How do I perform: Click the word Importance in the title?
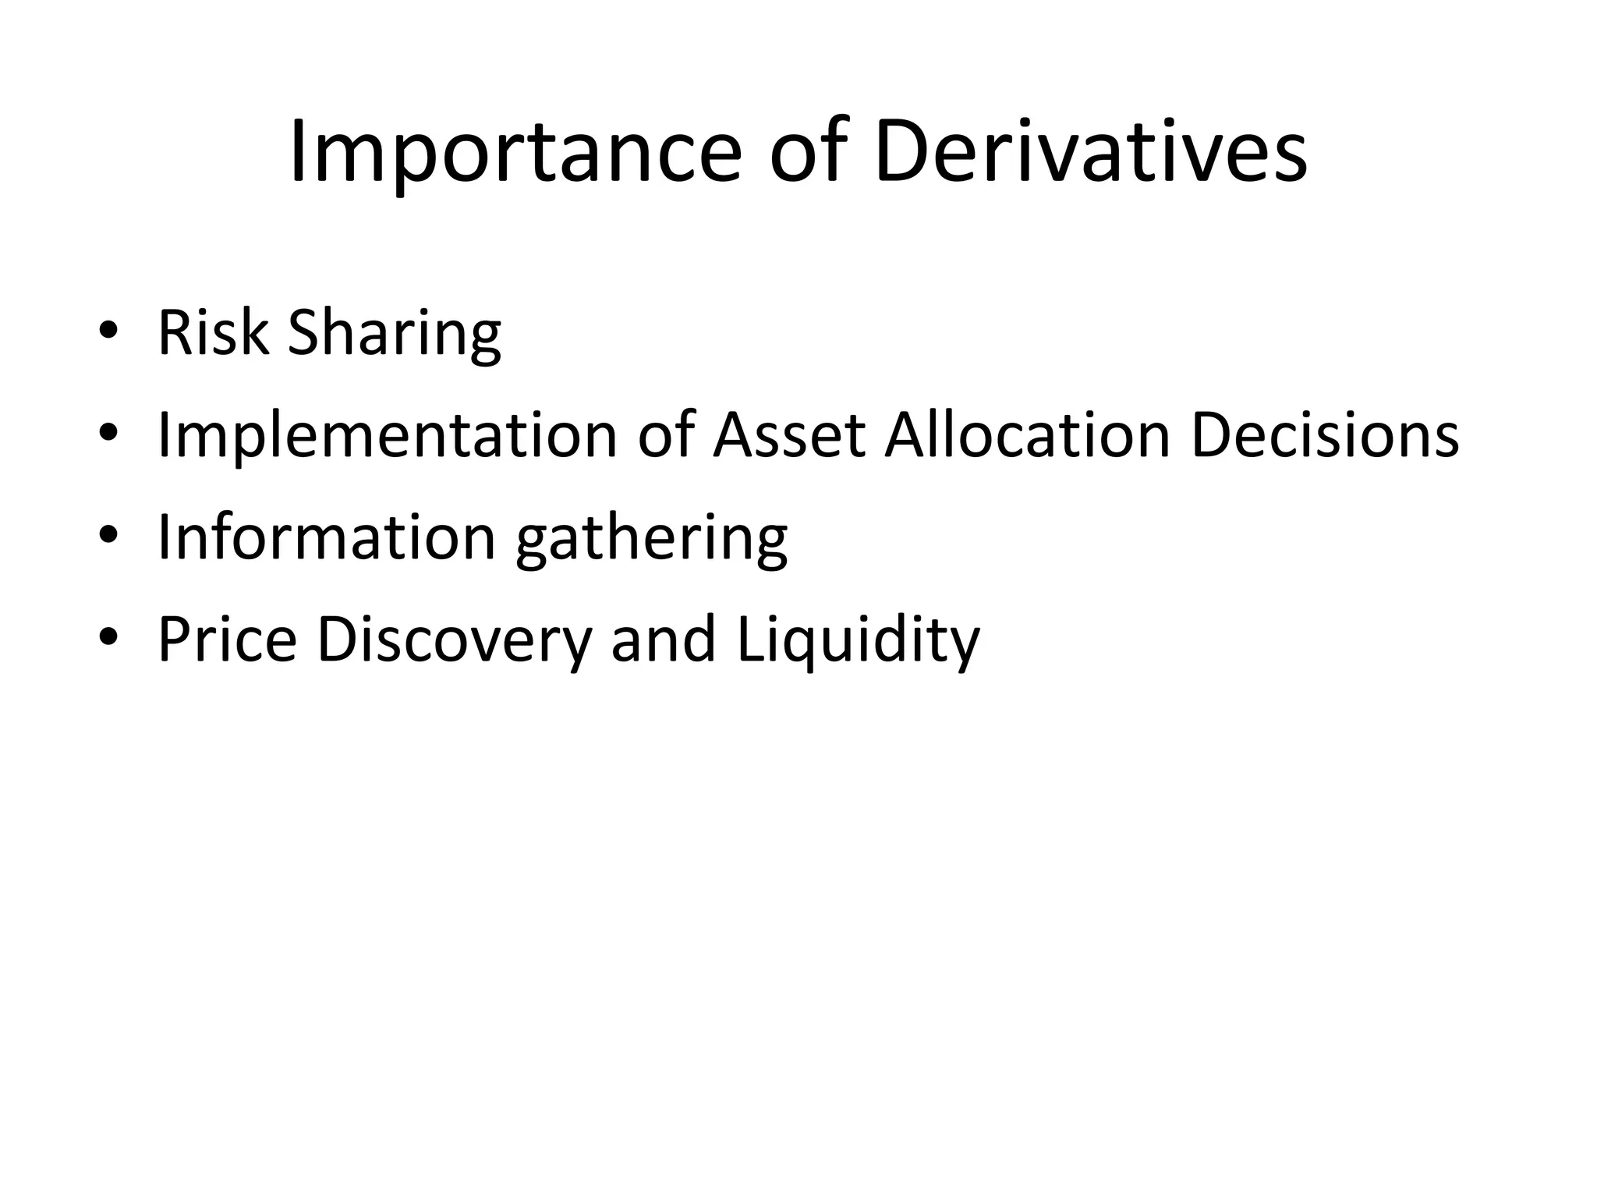[515, 153]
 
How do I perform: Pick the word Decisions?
[1325, 435]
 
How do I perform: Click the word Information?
[327, 537]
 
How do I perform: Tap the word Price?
[227, 640]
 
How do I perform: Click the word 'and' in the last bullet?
[663, 640]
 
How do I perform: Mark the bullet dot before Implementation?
[108, 433]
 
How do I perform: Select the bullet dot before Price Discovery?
[108, 637]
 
